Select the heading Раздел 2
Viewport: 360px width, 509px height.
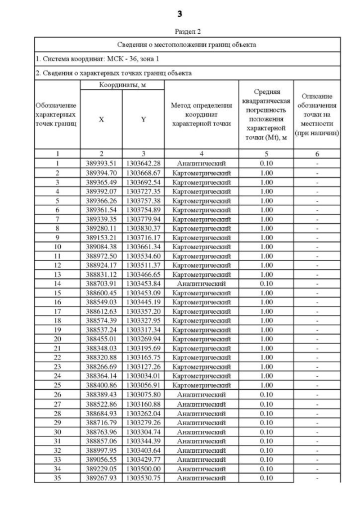pos(179,32)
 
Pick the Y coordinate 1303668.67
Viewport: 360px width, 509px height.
pos(143,173)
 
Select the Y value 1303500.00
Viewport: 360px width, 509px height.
pos(143,469)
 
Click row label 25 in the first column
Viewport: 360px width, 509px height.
pos(57,385)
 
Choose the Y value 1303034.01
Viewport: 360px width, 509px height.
pos(143,376)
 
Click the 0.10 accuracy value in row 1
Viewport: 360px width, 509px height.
pos(267,163)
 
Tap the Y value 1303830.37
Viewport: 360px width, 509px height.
pos(143,229)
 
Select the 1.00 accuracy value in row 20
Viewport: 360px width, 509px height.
pos(267,339)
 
